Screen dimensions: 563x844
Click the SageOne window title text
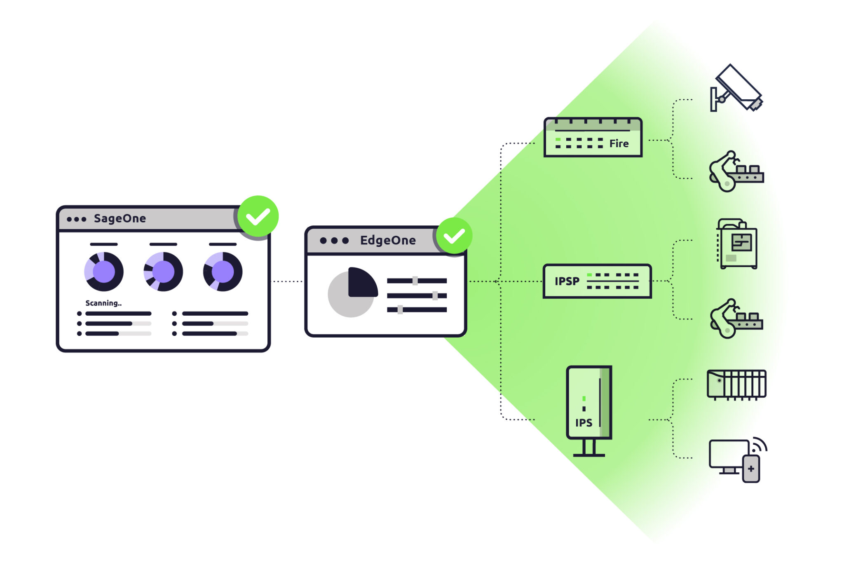(120, 218)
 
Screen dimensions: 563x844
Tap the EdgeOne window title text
(387, 240)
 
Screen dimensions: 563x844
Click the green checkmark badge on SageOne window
(258, 216)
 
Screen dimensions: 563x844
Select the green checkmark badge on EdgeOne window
(454, 236)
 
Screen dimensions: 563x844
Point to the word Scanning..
(103, 303)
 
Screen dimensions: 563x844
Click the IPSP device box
(597, 281)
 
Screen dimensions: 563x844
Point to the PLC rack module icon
(736, 385)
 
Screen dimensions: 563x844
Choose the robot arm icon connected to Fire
(736, 171)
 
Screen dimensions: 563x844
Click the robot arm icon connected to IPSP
(736, 319)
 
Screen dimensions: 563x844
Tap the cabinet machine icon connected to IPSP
(737, 244)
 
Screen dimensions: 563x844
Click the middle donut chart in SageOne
(163, 272)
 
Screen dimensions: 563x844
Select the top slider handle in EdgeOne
(415, 281)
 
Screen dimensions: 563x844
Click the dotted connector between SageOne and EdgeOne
(287, 281)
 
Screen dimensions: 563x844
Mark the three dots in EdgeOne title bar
(334, 240)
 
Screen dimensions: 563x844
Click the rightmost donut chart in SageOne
(223, 272)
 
